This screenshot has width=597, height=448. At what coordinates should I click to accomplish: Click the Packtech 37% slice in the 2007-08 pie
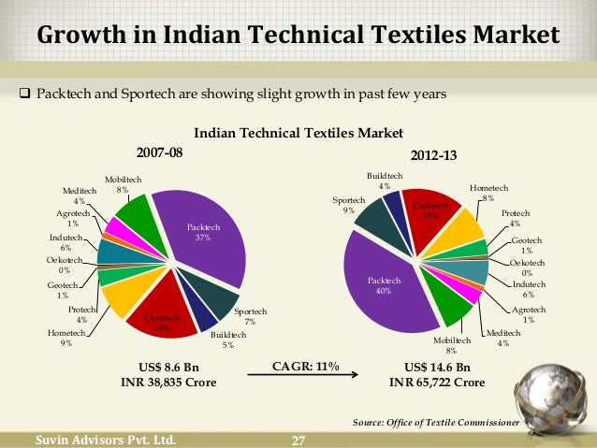click(x=201, y=234)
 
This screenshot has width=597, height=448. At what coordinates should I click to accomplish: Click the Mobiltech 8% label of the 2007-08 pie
click(x=117, y=183)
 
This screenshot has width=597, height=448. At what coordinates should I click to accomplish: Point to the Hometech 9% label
click(x=60, y=338)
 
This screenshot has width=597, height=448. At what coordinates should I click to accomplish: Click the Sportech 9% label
click(x=348, y=206)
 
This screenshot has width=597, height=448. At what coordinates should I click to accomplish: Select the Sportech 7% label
click(x=250, y=316)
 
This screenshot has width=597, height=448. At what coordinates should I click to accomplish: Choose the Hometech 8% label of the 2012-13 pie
click(x=488, y=192)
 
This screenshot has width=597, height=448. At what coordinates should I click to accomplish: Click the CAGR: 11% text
click(x=304, y=365)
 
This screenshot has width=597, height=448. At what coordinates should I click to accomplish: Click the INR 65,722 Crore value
click(x=437, y=383)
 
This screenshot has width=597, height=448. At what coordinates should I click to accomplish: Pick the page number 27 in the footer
click(x=299, y=441)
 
